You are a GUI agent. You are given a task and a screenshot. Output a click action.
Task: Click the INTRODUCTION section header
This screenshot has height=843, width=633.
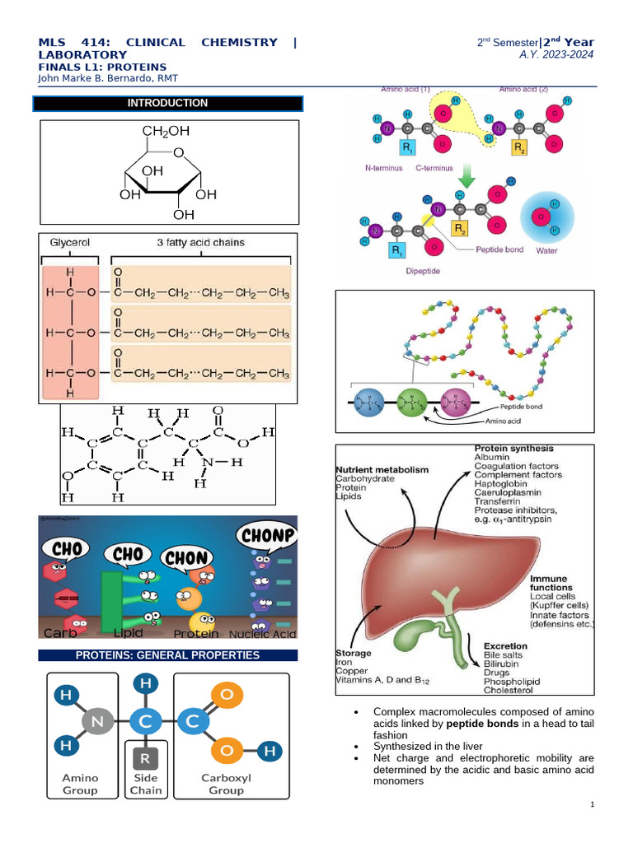(x=167, y=104)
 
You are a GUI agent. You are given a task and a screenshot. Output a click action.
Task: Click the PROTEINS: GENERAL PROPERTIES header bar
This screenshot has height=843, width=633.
(x=167, y=656)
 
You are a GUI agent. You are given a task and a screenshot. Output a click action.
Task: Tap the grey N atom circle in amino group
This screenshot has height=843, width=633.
(x=96, y=722)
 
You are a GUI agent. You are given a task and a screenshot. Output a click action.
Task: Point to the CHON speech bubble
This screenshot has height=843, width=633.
(x=188, y=557)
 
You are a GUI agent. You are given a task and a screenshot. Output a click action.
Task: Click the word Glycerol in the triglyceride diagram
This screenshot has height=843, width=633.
(x=69, y=244)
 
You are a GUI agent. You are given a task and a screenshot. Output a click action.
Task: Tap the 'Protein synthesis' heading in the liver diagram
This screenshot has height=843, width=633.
(x=513, y=449)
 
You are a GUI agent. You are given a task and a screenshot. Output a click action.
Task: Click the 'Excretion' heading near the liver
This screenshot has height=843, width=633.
(x=506, y=646)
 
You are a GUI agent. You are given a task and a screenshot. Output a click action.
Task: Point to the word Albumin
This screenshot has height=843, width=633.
(x=492, y=458)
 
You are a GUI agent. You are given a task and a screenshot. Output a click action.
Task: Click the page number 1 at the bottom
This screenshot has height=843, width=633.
(x=592, y=803)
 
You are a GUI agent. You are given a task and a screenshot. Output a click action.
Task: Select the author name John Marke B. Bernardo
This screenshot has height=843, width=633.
(x=108, y=78)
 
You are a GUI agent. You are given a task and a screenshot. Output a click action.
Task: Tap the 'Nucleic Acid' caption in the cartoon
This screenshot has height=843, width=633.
(x=262, y=634)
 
